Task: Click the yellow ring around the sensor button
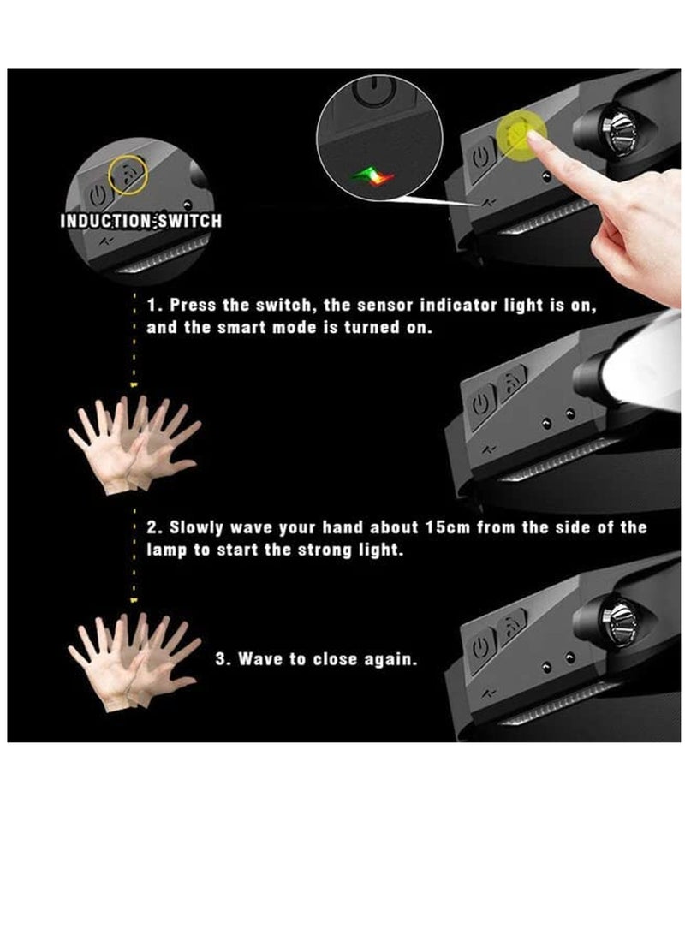coord(128,174)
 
